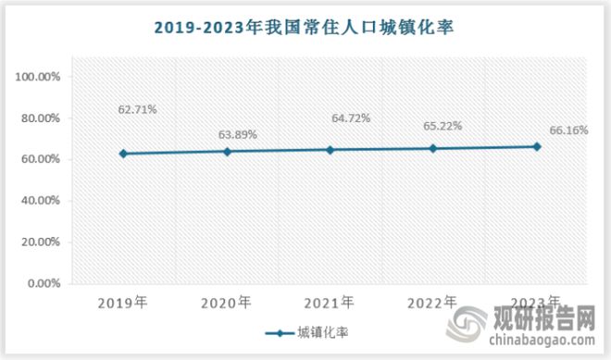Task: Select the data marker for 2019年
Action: click(x=123, y=154)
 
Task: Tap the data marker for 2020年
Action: click(x=227, y=151)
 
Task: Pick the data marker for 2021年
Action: click(x=330, y=149)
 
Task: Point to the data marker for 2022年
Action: click(x=433, y=148)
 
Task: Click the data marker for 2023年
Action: click(x=537, y=146)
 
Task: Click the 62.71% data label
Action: click(x=137, y=109)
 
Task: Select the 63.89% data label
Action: click(x=238, y=134)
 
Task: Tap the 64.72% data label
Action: click(x=351, y=118)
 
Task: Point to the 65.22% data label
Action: click(x=443, y=125)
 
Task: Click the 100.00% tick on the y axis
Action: click(x=38, y=77)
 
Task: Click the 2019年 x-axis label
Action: click(x=123, y=303)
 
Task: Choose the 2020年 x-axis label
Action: click(x=227, y=303)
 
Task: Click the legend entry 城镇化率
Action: click(x=310, y=332)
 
